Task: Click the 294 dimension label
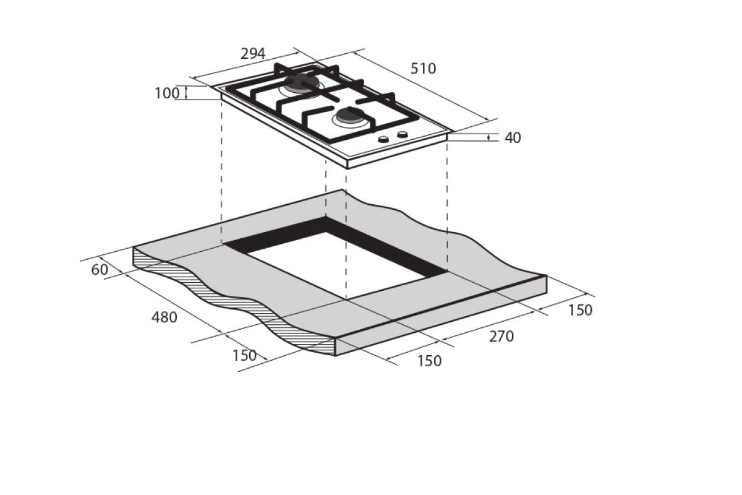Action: (253, 54)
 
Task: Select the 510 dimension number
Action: (423, 69)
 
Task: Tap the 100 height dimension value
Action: (167, 93)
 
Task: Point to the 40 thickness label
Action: (513, 137)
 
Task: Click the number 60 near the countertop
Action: (100, 270)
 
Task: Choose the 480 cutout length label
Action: (164, 317)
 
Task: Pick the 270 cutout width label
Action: (501, 337)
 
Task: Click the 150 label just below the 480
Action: (244, 356)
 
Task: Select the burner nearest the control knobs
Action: (351, 117)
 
